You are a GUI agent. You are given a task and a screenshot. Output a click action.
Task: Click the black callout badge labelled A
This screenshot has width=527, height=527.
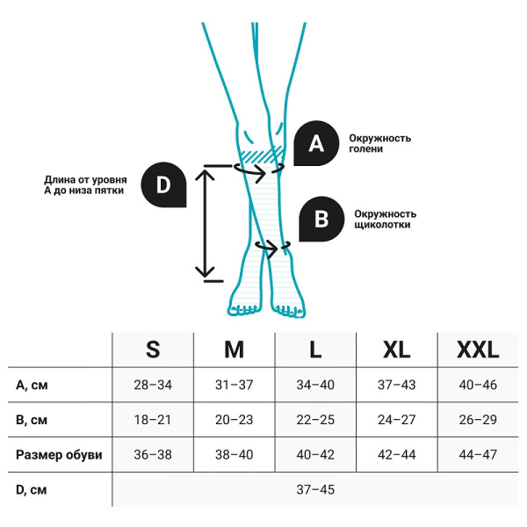tap(316, 143)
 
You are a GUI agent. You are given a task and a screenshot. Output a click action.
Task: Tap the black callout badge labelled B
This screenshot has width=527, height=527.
tap(321, 218)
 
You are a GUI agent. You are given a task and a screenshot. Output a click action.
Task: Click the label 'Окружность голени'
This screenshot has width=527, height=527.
tap(379, 143)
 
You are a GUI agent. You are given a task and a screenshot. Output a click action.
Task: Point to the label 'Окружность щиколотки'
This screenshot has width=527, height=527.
tap(385, 219)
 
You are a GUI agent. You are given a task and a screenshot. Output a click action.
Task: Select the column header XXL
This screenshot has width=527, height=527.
tap(478, 350)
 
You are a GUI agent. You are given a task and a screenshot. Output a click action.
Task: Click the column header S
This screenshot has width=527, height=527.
tap(153, 350)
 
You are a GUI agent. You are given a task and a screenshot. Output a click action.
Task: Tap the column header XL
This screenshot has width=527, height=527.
tap(397, 350)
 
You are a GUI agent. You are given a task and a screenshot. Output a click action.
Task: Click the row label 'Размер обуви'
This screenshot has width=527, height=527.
tap(59, 455)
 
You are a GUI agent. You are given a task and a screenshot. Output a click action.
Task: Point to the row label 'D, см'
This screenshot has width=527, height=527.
tap(32, 489)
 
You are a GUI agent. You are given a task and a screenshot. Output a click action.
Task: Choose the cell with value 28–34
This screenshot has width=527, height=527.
tap(153, 385)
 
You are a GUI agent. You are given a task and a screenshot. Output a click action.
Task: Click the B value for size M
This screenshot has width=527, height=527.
tap(234, 420)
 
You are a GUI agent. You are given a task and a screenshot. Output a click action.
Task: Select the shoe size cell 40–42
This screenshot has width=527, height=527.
tap(315, 455)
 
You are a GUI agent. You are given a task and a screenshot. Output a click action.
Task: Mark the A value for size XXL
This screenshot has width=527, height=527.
tap(478, 385)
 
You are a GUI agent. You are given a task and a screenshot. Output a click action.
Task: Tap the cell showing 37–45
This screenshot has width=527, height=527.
tap(315, 489)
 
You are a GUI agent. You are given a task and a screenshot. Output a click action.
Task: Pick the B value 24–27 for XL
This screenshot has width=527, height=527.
tap(397, 420)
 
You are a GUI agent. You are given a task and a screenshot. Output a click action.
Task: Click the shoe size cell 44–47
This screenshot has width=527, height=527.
tap(478, 455)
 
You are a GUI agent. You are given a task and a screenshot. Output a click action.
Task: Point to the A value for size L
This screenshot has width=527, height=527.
tap(315, 385)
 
